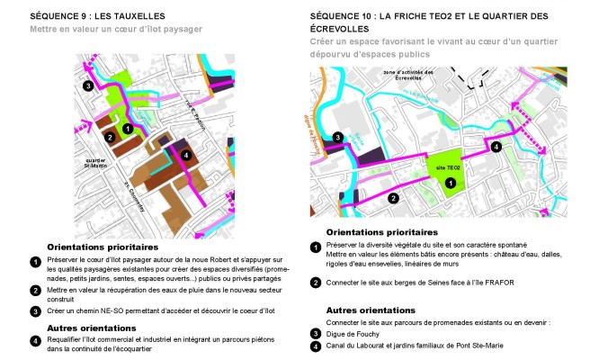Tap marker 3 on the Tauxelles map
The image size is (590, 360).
point(87,85)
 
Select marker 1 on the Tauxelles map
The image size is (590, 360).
point(128,129)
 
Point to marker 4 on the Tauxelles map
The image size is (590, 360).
point(185,155)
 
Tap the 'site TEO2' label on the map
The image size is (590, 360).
point(447,167)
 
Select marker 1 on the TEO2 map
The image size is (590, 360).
point(449,183)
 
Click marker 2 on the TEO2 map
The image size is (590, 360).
point(392,197)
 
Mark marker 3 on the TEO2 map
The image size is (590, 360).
point(336,138)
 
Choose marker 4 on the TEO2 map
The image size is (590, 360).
point(496,147)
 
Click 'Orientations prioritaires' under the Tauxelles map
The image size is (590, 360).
point(103,247)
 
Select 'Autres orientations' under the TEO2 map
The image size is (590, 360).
point(369,310)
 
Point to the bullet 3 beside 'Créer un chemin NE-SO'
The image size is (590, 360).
point(35,311)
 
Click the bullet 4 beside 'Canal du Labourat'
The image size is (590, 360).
point(316,346)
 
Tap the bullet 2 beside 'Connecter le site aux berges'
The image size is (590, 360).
point(316,283)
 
